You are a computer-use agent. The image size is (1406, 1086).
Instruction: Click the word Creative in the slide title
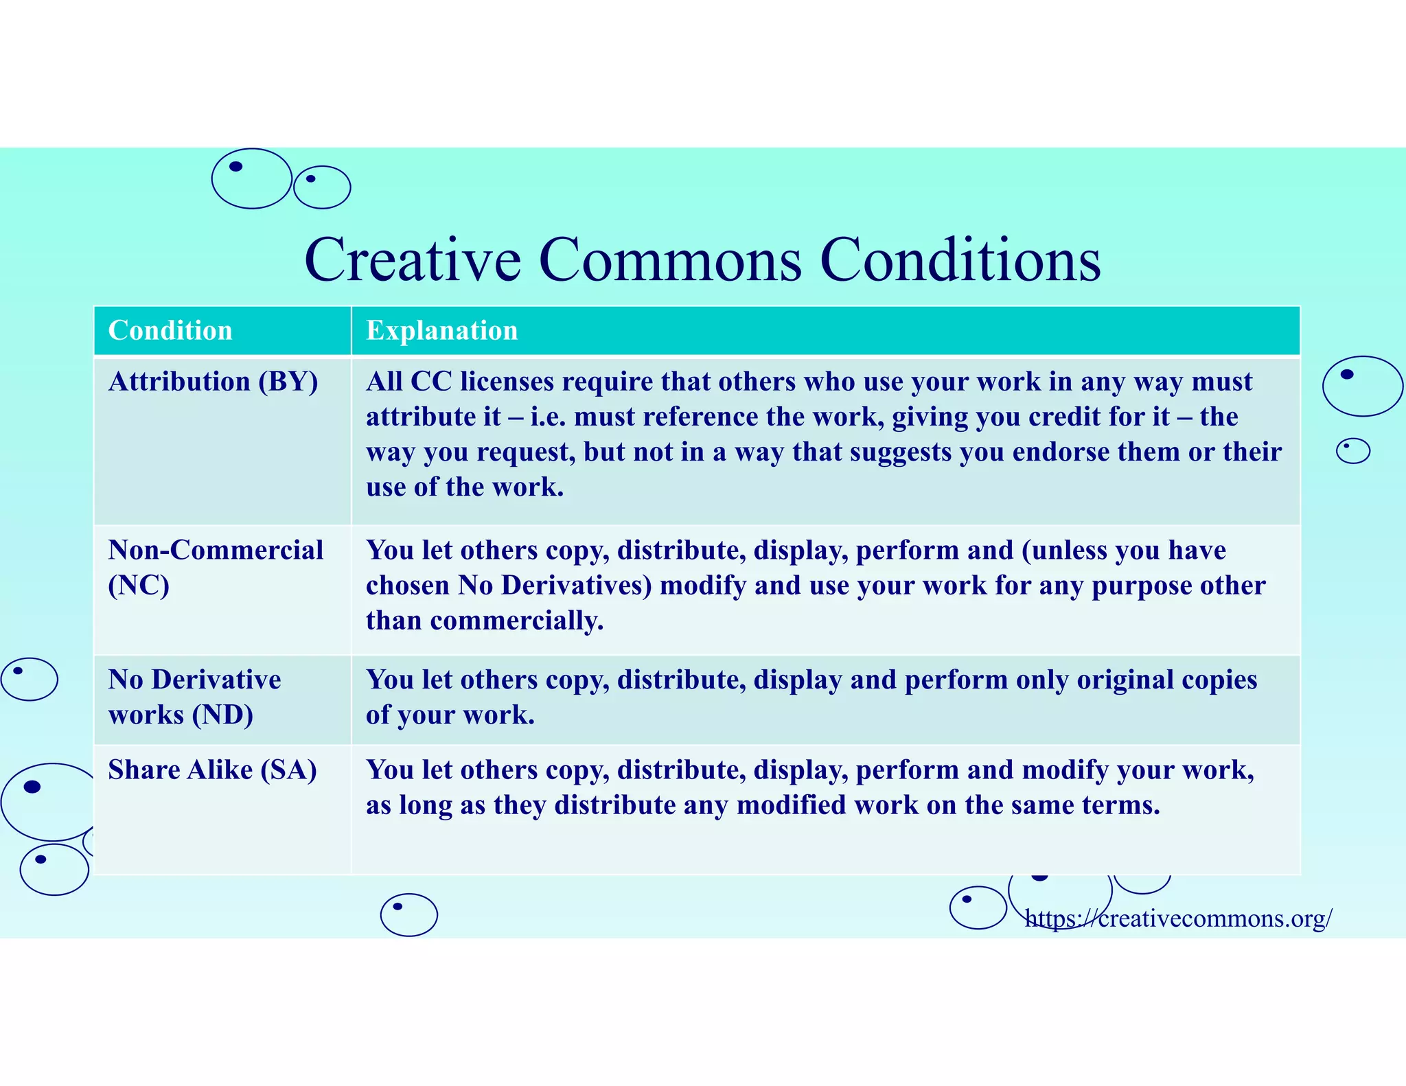tap(413, 260)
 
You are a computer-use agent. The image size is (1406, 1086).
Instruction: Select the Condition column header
tap(170, 330)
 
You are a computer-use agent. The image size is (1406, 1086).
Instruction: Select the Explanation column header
tap(441, 330)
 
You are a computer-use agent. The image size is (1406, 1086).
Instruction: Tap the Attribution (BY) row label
tap(213, 382)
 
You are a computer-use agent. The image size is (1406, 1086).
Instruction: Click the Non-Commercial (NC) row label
tap(215, 567)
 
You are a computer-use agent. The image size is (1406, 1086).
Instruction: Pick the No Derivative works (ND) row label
tap(194, 697)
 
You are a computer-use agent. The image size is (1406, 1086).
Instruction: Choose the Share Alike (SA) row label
tap(212, 770)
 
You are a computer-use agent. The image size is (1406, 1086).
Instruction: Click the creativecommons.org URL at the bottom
tap(1178, 918)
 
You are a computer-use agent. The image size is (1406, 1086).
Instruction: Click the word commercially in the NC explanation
tap(516, 621)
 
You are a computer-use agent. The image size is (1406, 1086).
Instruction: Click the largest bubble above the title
tap(251, 178)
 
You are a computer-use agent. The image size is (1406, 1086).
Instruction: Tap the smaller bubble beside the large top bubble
tap(322, 187)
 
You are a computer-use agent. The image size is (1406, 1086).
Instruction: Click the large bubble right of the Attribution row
tap(1362, 386)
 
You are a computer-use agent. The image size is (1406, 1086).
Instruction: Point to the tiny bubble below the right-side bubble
tap(1352, 451)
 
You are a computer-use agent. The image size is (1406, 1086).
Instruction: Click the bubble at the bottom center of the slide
tap(408, 914)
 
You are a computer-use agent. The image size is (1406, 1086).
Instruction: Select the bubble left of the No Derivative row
tap(30, 679)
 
